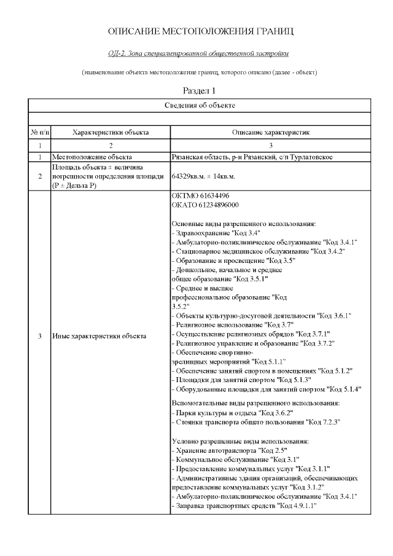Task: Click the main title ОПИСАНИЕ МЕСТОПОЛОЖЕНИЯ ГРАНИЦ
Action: tap(200, 31)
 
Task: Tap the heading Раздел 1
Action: tap(200, 90)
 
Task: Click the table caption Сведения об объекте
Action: tap(200, 106)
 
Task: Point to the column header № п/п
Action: tap(39, 133)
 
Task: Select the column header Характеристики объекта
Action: tap(111, 133)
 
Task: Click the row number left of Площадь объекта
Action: tap(39, 176)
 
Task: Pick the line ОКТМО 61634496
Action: tap(201, 196)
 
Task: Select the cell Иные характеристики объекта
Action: tap(99, 336)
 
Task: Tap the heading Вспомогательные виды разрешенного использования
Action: tap(255, 403)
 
